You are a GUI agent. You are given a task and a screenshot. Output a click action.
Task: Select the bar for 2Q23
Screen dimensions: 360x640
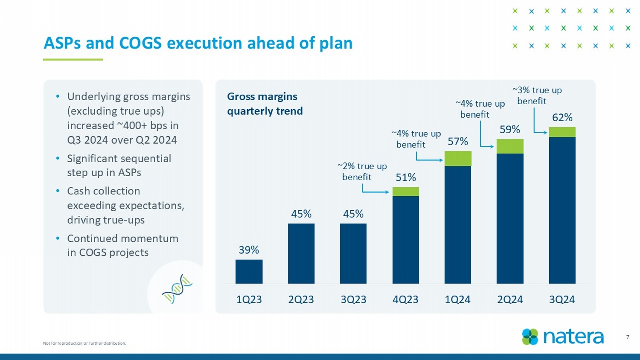[301, 253]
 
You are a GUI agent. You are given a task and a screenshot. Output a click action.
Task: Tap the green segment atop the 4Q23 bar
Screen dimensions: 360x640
[405, 192]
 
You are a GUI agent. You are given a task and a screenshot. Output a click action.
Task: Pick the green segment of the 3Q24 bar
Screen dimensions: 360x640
[562, 132]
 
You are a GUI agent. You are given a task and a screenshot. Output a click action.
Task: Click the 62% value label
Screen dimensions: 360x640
[562, 117]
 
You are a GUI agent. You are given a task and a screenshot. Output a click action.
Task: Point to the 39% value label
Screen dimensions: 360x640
[249, 250]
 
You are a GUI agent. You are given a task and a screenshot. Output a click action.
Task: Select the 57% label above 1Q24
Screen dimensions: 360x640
[457, 141]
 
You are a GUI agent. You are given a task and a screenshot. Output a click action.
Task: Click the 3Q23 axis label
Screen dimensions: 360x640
[353, 299]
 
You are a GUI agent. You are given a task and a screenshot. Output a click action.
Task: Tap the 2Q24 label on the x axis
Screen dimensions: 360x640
[509, 299]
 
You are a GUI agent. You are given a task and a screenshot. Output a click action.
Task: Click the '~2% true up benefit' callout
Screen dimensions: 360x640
[362, 171]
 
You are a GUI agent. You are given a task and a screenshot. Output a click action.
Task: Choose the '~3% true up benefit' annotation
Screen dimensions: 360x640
[536, 96]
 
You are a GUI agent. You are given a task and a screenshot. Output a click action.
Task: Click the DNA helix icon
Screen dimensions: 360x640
[177, 289]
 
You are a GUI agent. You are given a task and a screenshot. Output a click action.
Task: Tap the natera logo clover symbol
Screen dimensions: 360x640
[530, 337]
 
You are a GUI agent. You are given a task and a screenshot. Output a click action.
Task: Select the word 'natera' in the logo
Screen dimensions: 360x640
[573, 337]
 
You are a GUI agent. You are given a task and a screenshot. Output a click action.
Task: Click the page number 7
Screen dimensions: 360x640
[628, 337]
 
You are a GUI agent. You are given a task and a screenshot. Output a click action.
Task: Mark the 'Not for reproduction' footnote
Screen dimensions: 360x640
[84, 343]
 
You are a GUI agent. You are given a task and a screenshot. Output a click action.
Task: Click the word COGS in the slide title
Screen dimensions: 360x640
[140, 43]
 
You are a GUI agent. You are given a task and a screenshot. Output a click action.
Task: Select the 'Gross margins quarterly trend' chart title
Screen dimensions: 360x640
[265, 104]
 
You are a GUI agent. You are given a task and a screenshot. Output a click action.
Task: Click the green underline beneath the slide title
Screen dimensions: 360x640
[73, 59]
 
